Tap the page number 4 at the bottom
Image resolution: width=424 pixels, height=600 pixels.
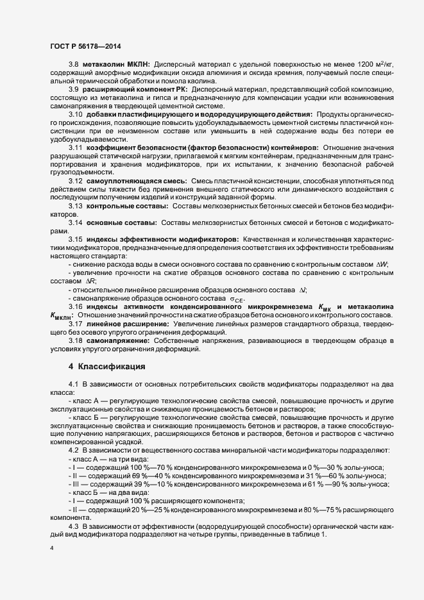tap(51, 549)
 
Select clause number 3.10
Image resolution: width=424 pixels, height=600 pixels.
tap(76, 113)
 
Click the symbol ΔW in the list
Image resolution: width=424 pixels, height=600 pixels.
tap(382, 265)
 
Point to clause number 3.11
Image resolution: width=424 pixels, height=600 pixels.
tap(76, 147)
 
